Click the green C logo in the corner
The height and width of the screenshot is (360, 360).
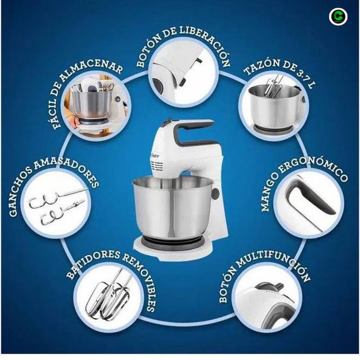[338, 17]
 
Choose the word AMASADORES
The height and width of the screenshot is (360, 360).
[68, 171]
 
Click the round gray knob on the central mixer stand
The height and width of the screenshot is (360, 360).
[215, 193]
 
